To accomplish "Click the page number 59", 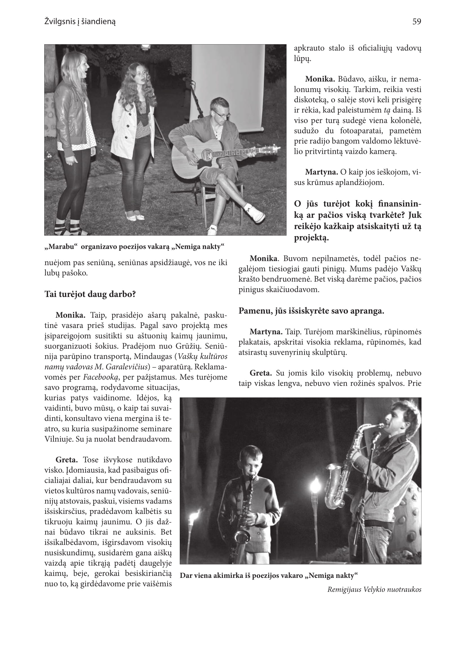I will pyautogui.click(x=416, y=21).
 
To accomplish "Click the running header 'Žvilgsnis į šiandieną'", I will pyautogui.click(x=80, y=22).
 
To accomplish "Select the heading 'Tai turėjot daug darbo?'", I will pyautogui.click(x=90, y=294).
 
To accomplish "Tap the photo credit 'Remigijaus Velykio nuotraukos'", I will pyautogui.click(x=374, y=589).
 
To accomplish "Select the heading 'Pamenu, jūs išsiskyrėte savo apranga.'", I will pyautogui.click(x=311, y=311).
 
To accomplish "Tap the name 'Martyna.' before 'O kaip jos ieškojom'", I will pyautogui.click(x=321, y=172).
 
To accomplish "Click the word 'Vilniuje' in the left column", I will pyautogui.click(x=59, y=439).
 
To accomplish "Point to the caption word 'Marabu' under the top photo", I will pyautogui.click(x=61, y=247).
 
